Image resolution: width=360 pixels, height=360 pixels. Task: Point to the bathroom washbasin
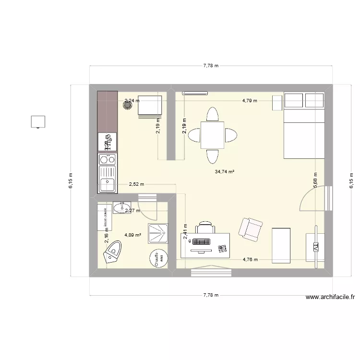pyautogui.click(x=119, y=208)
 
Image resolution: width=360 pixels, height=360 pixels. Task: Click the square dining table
pyautogui.click(x=212, y=135)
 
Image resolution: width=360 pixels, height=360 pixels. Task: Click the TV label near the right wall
pyautogui.click(x=316, y=247)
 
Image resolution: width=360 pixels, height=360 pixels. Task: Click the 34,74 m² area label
pyautogui.click(x=224, y=171)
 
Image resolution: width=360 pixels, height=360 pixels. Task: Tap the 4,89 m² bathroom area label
pyautogui.click(x=132, y=235)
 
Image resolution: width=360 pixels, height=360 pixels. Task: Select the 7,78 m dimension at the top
pyautogui.click(x=210, y=66)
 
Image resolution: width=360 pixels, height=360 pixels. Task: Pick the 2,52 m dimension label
pyautogui.click(x=136, y=184)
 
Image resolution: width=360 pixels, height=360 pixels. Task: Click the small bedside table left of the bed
pyautogui.click(x=277, y=103)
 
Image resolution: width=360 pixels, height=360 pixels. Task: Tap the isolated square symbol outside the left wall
pyautogui.click(x=38, y=121)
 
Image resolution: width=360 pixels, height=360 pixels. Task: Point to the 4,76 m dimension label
pyautogui.click(x=250, y=260)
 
